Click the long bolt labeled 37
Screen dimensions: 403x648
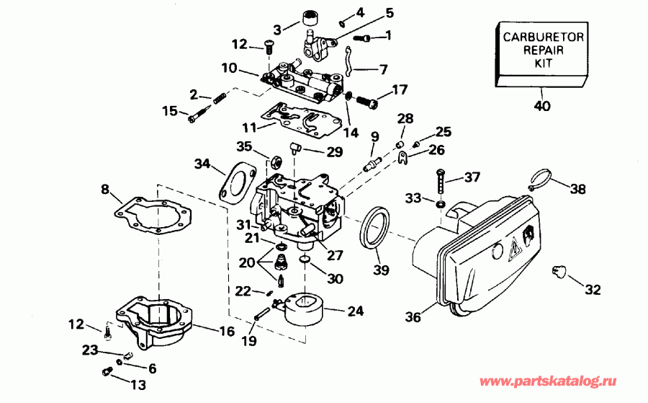(x=439, y=178)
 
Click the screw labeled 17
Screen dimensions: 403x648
(x=367, y=101)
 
